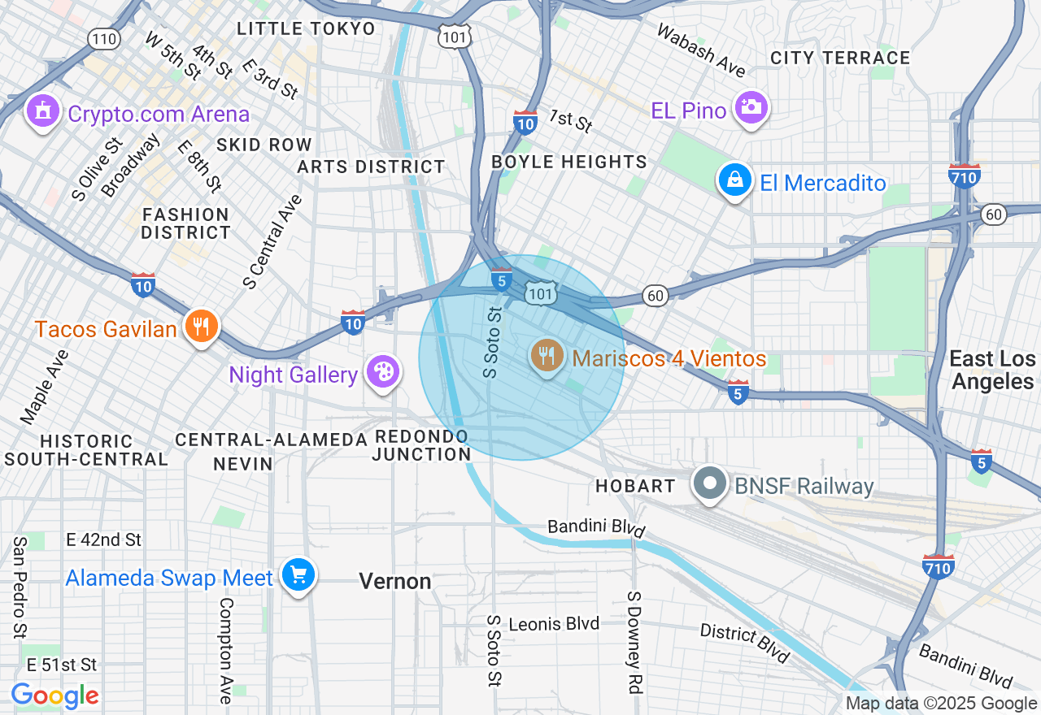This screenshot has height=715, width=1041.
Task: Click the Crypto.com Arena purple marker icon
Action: (42, 111)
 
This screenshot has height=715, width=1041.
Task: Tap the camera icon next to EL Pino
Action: (749, 108)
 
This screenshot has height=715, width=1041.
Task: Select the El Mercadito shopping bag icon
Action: (734, 181)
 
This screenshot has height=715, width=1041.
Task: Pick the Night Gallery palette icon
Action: (380, 372)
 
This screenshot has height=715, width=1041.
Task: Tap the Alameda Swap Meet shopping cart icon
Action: (298, 575)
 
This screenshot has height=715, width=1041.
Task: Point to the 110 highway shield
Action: (105, 39)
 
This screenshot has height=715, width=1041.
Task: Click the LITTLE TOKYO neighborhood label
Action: (306, 29)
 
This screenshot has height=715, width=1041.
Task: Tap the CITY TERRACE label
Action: (840, 58)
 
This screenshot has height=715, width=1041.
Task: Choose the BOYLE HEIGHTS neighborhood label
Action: (569, 162)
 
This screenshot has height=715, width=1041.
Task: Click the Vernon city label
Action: (395, 581)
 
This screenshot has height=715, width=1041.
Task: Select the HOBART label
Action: (635, 486)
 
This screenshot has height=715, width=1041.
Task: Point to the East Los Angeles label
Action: (994, 370)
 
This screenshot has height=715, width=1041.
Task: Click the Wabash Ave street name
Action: (700, 50)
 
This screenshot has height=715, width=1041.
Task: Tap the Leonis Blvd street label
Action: (554, 624)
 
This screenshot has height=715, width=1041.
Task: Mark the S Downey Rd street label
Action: (634, 642)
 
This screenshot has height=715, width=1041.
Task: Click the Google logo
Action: (54, 695)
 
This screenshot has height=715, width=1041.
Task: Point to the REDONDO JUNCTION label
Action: (421, 445)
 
